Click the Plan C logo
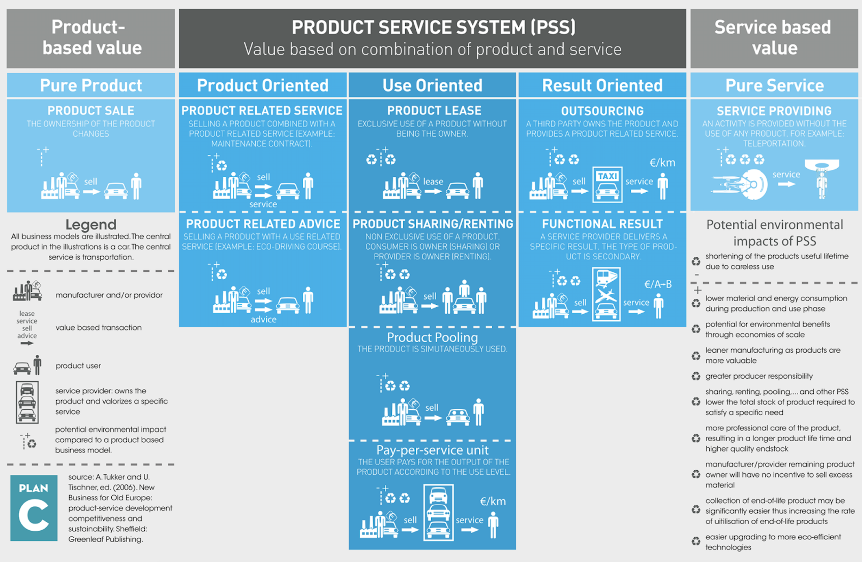[x=34, y=508]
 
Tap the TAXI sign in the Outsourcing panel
[x=607, y=176]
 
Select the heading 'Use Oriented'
[x=432, y=86]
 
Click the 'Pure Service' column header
[x=774, y=86]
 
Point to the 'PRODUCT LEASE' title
[x=434, y=111]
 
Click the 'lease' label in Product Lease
[x=433, y=182]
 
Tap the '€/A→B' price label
[x=658, y=284]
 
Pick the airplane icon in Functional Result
[x=606, y=295]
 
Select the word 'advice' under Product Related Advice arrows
[x=263, y=319]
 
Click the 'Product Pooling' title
[x=432, y=337]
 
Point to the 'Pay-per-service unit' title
[x=432, y=450]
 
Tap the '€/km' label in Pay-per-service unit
[x=493, y=501]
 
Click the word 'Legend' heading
[x=91, y=225]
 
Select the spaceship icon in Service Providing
[x=739, y=184]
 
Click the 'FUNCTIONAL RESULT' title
[x=602, y=224]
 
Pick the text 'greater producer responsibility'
[x=759, y=376]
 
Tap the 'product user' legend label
[x=78, y=366]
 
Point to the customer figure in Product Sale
[x=136, y=186]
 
